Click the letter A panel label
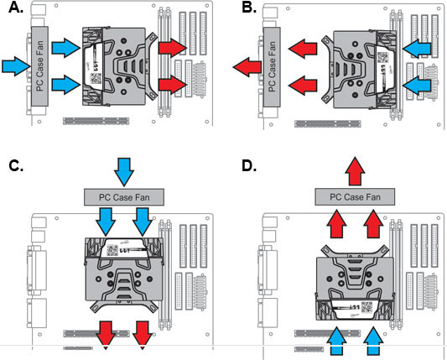pyautogui.click(x=16, y=8)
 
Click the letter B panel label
pyautogui.click(x=249, y=8)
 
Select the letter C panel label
pyautogui.click(x=16, y=166)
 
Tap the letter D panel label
pyautogui.click(x=249, y=166)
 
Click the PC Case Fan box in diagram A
pyautogui.click(x=40, y=66)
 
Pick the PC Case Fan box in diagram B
pyautogui.click(x=272, y=67)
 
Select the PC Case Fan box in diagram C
pyautogui.click(x=124, y=197)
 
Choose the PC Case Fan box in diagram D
pyautogui.click(x=355, y=196)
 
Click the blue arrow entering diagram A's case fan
pyautogui.click(x=16, y=66)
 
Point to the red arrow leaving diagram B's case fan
pyautogui.click(x=247, y=67)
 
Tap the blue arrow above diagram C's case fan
pyautogui.click(x=124, y=172)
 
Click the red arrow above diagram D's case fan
pyautogui.click(x=355, y=171)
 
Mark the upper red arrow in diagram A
pyautogui.click(x=173, y=47)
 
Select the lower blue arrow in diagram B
pyautogui.click(x=417, y=85)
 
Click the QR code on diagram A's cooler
pyautogui.click(x=96, y=77)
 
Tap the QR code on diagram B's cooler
pyautogui.click(x=382, y=57)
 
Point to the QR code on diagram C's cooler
pyautogui.click(x=112, y=250)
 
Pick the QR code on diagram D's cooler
pyautogui.click(x=366, y=307)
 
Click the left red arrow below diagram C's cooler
pyautogui.click(x=106, y=335)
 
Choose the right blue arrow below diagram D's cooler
pyautogui.click(x=373, y=342)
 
